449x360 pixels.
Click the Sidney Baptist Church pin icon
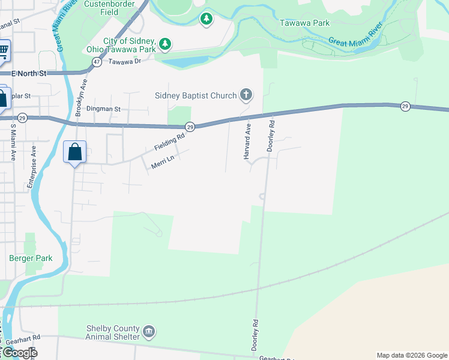click(246, 95)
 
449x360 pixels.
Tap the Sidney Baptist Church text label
click(196, 95)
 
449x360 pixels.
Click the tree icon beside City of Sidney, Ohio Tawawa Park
click(165, 43)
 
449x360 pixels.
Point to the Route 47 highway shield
click(96, 62)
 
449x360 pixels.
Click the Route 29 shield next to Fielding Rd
click(190, 127)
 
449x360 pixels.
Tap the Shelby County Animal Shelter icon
click(149, 331)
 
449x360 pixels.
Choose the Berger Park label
click(31, 259)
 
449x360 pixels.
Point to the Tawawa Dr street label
click(125, 61)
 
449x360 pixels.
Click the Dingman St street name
click(103, 109)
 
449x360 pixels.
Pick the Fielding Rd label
click(169, 143)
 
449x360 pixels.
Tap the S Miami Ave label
click(12, 142)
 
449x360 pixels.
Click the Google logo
click(19, 353)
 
